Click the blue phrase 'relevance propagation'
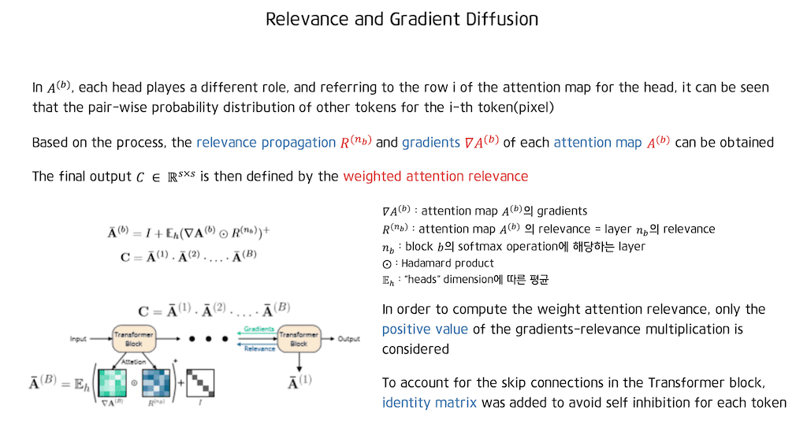266,143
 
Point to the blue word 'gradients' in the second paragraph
430,143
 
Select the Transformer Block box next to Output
299,339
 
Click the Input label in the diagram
80,339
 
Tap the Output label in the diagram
349,339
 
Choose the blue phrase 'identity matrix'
430,403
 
